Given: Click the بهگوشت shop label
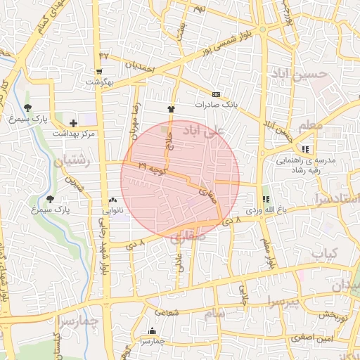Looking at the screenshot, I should [x=100, y=82].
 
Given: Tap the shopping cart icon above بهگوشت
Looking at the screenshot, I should [x=99, y=71].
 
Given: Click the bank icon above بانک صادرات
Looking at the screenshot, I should [x=216, y=95].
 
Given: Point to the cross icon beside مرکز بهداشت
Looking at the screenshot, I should [x=73, y=123].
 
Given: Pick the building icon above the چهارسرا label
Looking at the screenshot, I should [x=152, y=331].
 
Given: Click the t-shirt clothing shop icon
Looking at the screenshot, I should [x=170, y=109].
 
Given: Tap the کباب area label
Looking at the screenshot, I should [x=324, y=252].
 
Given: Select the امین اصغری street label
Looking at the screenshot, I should [x=313, y=340].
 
